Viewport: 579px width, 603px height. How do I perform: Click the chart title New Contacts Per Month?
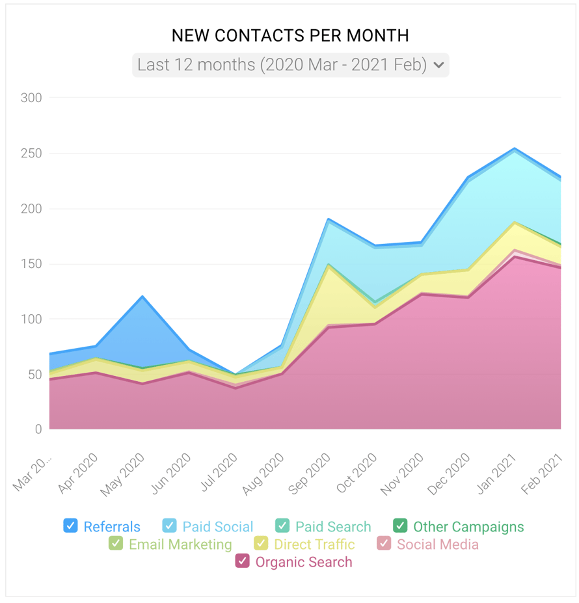click(290, 35)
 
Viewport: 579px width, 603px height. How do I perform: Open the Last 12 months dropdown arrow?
click(439, 65)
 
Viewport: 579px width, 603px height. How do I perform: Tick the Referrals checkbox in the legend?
click(70, 526)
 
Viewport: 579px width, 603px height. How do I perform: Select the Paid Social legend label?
click(217, 527)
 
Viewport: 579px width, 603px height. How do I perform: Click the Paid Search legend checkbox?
click(282, 526)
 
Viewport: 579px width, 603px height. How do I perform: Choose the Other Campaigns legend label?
click(468, 527)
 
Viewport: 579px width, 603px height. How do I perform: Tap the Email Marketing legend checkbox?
click(116, 543)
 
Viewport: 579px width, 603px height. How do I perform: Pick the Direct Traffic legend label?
click(314, 544)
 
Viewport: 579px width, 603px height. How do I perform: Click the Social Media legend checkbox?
click(384, 543)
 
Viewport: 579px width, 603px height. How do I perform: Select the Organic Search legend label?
click(303, 562)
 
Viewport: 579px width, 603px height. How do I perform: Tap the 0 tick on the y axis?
click(37, 429)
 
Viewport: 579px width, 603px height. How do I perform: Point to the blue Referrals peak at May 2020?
click(142, 297)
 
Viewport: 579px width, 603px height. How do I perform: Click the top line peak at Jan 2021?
click(515, 148)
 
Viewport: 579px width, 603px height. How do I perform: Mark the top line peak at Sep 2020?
click(329, 219)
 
